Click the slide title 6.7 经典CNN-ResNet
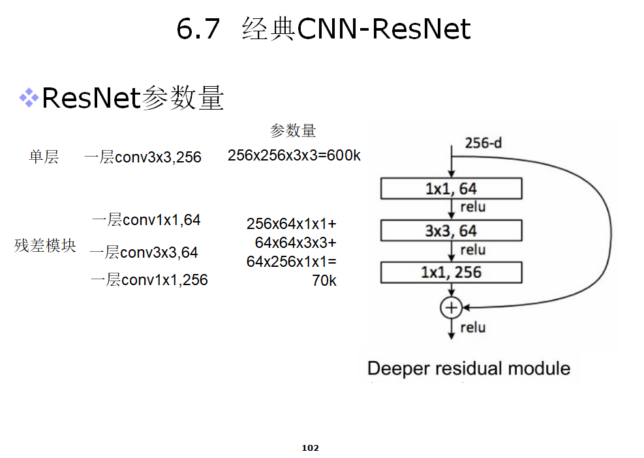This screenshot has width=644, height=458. click(x=324, y=29)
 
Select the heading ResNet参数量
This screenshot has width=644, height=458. click(x=132, y=99)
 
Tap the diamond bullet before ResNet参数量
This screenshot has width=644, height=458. click(x=29, y=99)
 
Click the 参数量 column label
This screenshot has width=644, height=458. click(x=293, y=131)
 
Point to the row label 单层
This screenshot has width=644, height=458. click(x=44, y=157)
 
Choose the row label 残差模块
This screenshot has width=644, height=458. click(x=45, y=246)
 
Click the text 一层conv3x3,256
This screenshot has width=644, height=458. click(x=143, y=157)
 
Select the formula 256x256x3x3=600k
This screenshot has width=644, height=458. click(x=294, y=156)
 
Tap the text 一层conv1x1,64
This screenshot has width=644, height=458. click(x=146, y=221)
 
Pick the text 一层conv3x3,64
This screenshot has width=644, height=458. click(x=144, y=252)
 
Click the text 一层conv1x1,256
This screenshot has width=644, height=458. click(x=149, y=280)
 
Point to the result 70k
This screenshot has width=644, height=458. click(x=324, y=281)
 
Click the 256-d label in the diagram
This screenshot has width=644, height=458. click(x=483, y=142)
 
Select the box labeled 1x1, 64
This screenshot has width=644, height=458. click(x=452, y=189)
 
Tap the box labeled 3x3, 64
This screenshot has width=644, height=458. click(x=452, y=230)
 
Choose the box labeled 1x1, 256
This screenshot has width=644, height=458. click(x=452, y=272)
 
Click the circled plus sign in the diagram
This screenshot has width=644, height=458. click(x=451, y=307)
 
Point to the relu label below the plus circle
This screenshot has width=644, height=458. click(x=473, y=327)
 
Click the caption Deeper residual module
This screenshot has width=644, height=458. click(x=468, y=369)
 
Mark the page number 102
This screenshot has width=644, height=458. click(x=310, y=448)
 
